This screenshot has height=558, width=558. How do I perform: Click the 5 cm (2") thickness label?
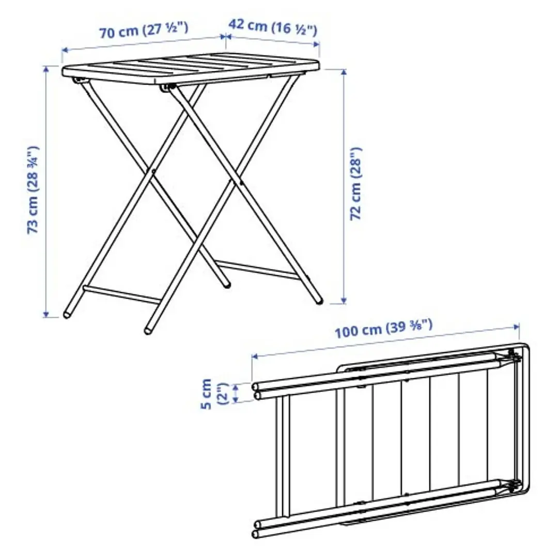[x=213, y=394]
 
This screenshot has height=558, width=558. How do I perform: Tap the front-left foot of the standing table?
[x=149, y=328]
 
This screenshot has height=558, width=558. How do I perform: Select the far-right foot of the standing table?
[x=318, y=299]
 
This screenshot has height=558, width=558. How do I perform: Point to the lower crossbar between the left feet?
[x=122, y=293]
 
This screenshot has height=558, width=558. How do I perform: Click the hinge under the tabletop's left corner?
[x=79, y=81]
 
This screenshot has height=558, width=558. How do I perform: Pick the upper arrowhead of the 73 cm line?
[x=47, y=69]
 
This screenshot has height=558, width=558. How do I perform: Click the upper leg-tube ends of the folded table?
[x=257, y=391]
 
